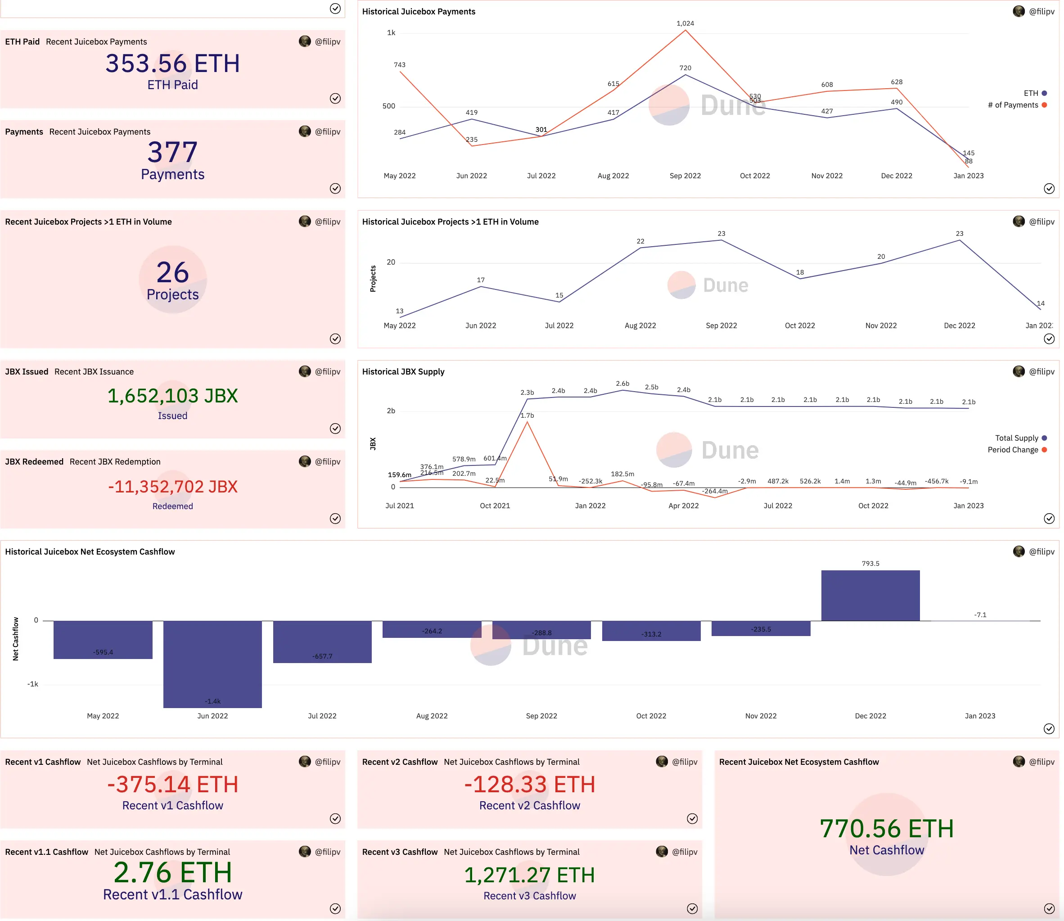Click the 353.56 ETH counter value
[x=173, y=64]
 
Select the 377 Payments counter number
[x=173, y=152]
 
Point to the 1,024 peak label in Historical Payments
[x=685, y=24]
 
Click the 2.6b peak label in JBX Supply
[x=622, y=384]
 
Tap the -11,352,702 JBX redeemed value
[x=173, y=486]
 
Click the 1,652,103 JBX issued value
[x=173, y=396]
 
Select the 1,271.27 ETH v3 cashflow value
[x=529, y=875]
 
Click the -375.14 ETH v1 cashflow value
[x=173, y=784]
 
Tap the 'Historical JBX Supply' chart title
[x=403, y=371]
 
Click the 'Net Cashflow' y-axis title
[x=15, y=638]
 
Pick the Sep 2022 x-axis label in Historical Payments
[x=685, y=176]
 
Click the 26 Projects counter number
[x=173, y=272]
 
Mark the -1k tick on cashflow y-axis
[x=32, y=684]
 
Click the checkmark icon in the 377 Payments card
[x=335, y=189]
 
